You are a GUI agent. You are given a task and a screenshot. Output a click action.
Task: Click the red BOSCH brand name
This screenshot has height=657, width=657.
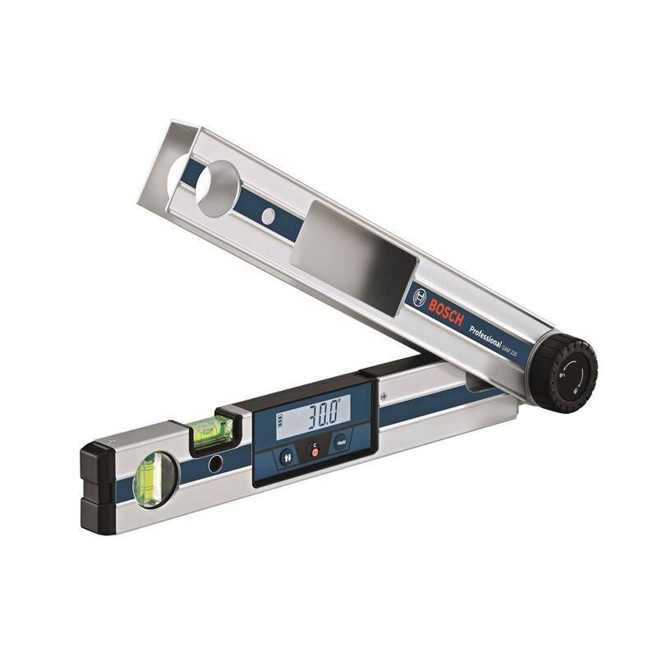tap(446, 310)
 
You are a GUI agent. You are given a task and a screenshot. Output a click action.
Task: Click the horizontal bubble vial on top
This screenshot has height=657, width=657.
tap(212, 431)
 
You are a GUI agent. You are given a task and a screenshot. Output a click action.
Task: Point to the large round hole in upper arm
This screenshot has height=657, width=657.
tap(217, 188)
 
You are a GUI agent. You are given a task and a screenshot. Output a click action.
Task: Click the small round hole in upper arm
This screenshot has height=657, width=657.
tap(268, 216)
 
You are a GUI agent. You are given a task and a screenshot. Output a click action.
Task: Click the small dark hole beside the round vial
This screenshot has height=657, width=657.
tap(215, 464)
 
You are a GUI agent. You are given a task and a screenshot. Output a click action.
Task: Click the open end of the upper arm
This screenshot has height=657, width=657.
tap(168, 160)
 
